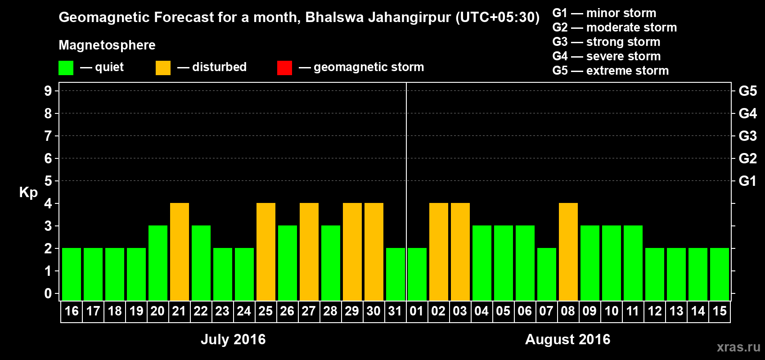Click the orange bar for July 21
click(x=180, y=252)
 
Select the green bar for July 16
click(x=72, y=274)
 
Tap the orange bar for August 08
click(x=568, y=252)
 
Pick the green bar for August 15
click(x=720, y=274)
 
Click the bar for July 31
click(x=396, y=274)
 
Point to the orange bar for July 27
click(x=309, y=252)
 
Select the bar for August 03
click(x=460, y=252)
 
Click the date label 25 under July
click(x=265, y=311)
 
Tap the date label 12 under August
click(x=655, y=311)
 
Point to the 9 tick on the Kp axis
click(x=48, y=91)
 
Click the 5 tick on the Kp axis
click(x=48, y=181)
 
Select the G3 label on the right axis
click(x=747, y=136)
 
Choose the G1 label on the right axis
click(x=747, y=181)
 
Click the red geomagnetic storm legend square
click(x=284, y=68)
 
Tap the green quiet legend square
click(x=66, y=68)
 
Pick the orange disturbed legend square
click(x=163, y=68)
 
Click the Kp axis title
click(x=28, y=192)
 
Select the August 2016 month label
click(x=567, y=339)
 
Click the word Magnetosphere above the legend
click(x=107, y=45)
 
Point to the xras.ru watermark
click(x=738, y=347)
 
